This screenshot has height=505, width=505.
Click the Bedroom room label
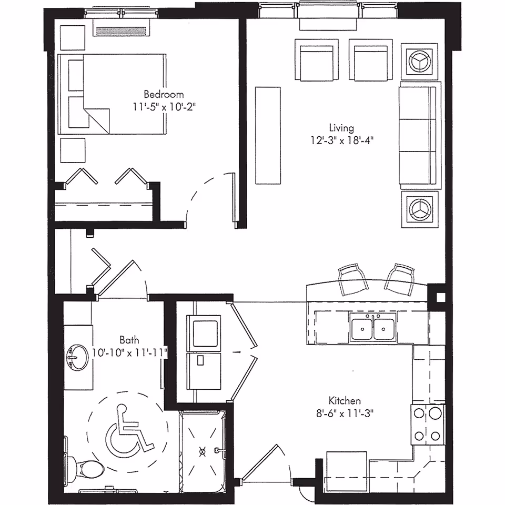[x=164, y=95]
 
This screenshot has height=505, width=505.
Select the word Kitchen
[x=345, y=400]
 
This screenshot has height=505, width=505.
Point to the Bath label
[x=129, y=340]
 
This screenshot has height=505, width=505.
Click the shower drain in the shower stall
[x=203, y=450]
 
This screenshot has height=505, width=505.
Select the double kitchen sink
[x=373, y=330]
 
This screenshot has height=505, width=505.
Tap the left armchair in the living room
[x=315, y=60]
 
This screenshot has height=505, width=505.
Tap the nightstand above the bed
[x=73, y=36]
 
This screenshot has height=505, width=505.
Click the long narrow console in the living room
[x=268, y=135]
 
